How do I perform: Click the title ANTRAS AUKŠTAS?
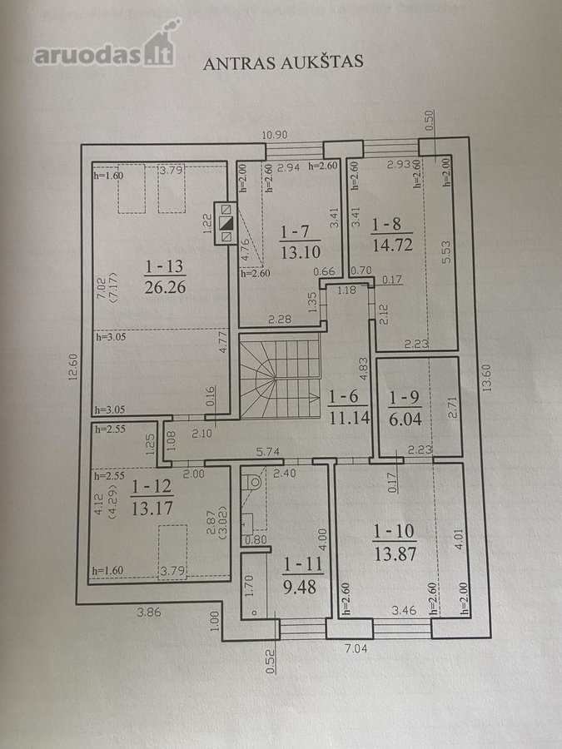(x=283, y=62)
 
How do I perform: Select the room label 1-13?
(x=164, y=266)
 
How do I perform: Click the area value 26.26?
(x=165, y=286)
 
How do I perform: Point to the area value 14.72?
(x=392, y=245)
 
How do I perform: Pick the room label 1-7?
(x=296, y=232)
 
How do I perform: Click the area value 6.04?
(x=405, y=419)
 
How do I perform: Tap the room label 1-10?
(x=394, y=531)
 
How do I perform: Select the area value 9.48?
(x=300, y=587)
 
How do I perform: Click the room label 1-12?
(x=152, y=486)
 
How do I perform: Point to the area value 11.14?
(x=350, y=418)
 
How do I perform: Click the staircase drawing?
(x=280, y=376)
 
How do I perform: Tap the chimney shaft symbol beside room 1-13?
(x=225, y=223)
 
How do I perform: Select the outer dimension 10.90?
(x=275, y=135)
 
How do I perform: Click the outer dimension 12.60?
(x=72, y=366)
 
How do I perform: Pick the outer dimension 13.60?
(x=486, y=377)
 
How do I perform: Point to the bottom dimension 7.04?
(x=356, y=648)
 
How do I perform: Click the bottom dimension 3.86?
(x=149, y=612)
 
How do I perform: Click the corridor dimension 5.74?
(x=267, y=451)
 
